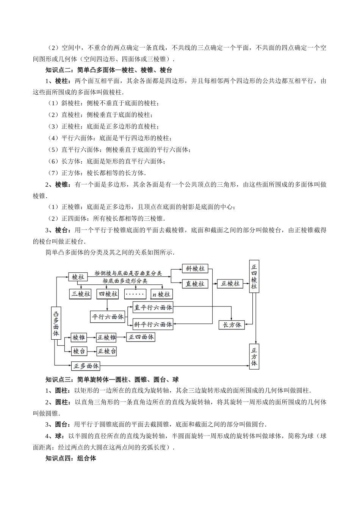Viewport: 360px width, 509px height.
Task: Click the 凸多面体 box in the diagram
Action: coord(56,323)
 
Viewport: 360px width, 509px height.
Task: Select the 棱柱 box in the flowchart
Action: coord(78,277)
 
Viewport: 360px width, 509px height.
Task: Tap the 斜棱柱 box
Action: coord(195,269)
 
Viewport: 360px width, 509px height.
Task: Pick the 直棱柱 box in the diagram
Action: coord(195,284)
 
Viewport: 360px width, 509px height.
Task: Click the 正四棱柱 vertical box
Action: coord(254,276)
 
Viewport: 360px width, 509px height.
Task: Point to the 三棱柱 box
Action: coord(81,294)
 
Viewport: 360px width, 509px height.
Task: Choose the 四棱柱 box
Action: coord(108,294)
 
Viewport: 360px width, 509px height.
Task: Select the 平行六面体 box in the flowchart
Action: coord(108,317)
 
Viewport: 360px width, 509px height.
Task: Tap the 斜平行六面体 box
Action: coord(153,324)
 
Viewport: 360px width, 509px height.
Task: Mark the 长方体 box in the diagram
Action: coord(232,325)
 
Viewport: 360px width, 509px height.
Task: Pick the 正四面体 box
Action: coord(141,337)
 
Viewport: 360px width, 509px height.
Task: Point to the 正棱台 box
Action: coord(106,351)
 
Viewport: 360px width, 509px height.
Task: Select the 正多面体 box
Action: coord(86,366)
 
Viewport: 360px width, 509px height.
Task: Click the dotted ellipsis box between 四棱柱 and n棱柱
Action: coord(135,294)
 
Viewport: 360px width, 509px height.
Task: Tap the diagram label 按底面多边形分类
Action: coord(125,281)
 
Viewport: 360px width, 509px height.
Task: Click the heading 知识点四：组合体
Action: coord(70,458)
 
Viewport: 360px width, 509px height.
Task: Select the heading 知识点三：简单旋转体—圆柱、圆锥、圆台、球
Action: coord(112,379)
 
